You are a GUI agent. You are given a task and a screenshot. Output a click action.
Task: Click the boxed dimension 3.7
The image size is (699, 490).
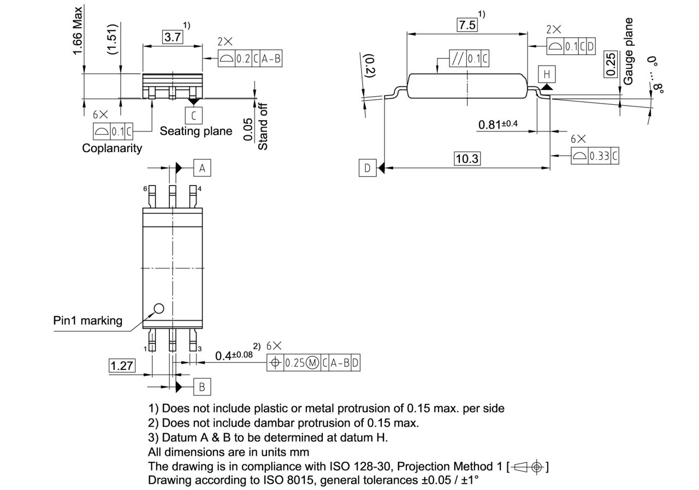pyautogui.click(x=173, y=37)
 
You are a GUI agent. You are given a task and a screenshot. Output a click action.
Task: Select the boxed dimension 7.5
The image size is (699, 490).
pyautogui.click(x=467, y=25)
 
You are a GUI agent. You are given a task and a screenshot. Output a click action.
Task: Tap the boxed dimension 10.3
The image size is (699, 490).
pyautogui.click(x=467, y=159)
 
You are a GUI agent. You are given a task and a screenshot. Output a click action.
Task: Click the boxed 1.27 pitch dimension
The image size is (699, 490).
pyautogui.click(x=122, y=366)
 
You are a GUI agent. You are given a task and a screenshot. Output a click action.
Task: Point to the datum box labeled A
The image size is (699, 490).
pyautogui.click(x=202, y=169)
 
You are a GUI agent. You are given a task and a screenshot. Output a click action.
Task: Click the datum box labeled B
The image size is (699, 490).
pyautogui.click(x=202, y=387)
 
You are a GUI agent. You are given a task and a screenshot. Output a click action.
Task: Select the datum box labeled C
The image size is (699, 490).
pyautogui.click(x=193, y=115)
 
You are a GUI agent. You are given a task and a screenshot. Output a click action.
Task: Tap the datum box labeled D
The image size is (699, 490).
pyautogui.click(x=367, y=168)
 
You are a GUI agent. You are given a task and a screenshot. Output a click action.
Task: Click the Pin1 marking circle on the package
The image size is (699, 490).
pyautogui.click(x=158, y=308)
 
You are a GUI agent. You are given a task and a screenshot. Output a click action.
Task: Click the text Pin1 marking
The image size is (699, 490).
pyautogui.click(x=88, y=320)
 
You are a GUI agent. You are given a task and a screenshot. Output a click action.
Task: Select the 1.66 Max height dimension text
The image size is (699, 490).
pyautogui.click(x=78, y=30)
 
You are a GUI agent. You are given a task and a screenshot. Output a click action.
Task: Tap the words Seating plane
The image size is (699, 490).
pyautogui.click(x=196, y=131)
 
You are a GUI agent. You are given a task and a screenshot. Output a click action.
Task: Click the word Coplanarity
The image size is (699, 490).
pyautogui.click(x=112, y=148)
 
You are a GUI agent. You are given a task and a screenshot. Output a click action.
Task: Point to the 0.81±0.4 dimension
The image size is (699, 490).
pyautogui.click(x=497, y=124)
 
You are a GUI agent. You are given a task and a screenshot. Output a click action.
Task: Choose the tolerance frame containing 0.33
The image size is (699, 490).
pyautogui.click(x=595, y=156)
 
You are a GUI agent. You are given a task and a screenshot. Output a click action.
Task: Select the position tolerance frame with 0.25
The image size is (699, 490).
pyautogui.click(x=313, y=363)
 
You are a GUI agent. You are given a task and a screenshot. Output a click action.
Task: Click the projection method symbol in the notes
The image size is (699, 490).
pyautogui.click(x=528, y=467)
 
